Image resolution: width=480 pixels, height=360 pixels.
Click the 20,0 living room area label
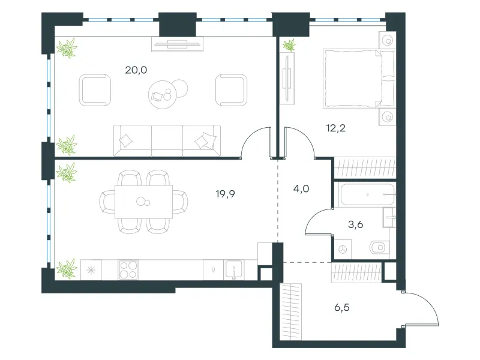coord(136,70)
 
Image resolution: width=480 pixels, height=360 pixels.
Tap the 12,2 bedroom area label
coord(336,128)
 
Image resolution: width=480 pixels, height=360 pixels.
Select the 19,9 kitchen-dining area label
coord(226,194)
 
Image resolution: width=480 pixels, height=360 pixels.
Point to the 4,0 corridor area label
coord(301,189)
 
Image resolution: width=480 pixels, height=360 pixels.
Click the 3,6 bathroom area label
coord(356,224)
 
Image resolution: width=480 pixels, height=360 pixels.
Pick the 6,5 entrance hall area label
coord(342,307)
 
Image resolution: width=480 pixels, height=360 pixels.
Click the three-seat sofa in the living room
coord(167,140)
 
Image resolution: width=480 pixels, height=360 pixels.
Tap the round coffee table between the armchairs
coord(163,95)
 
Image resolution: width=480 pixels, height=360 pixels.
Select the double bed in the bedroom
coord(359,79)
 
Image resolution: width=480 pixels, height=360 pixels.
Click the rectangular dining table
coord(143,202)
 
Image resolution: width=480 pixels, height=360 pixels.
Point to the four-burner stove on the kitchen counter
coord(128,269)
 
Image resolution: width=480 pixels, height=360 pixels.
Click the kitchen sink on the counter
coord(234,269)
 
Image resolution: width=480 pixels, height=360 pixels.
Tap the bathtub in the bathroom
coord(367,194)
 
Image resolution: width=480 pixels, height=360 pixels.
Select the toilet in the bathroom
coord(379,247)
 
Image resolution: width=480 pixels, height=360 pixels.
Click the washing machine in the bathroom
coord(343,249)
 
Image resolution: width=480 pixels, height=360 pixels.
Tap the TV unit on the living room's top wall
coord(177,44)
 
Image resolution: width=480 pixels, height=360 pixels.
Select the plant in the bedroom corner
coord(289,45)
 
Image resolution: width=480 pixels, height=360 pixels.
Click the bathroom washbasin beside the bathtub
coord(389,217)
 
